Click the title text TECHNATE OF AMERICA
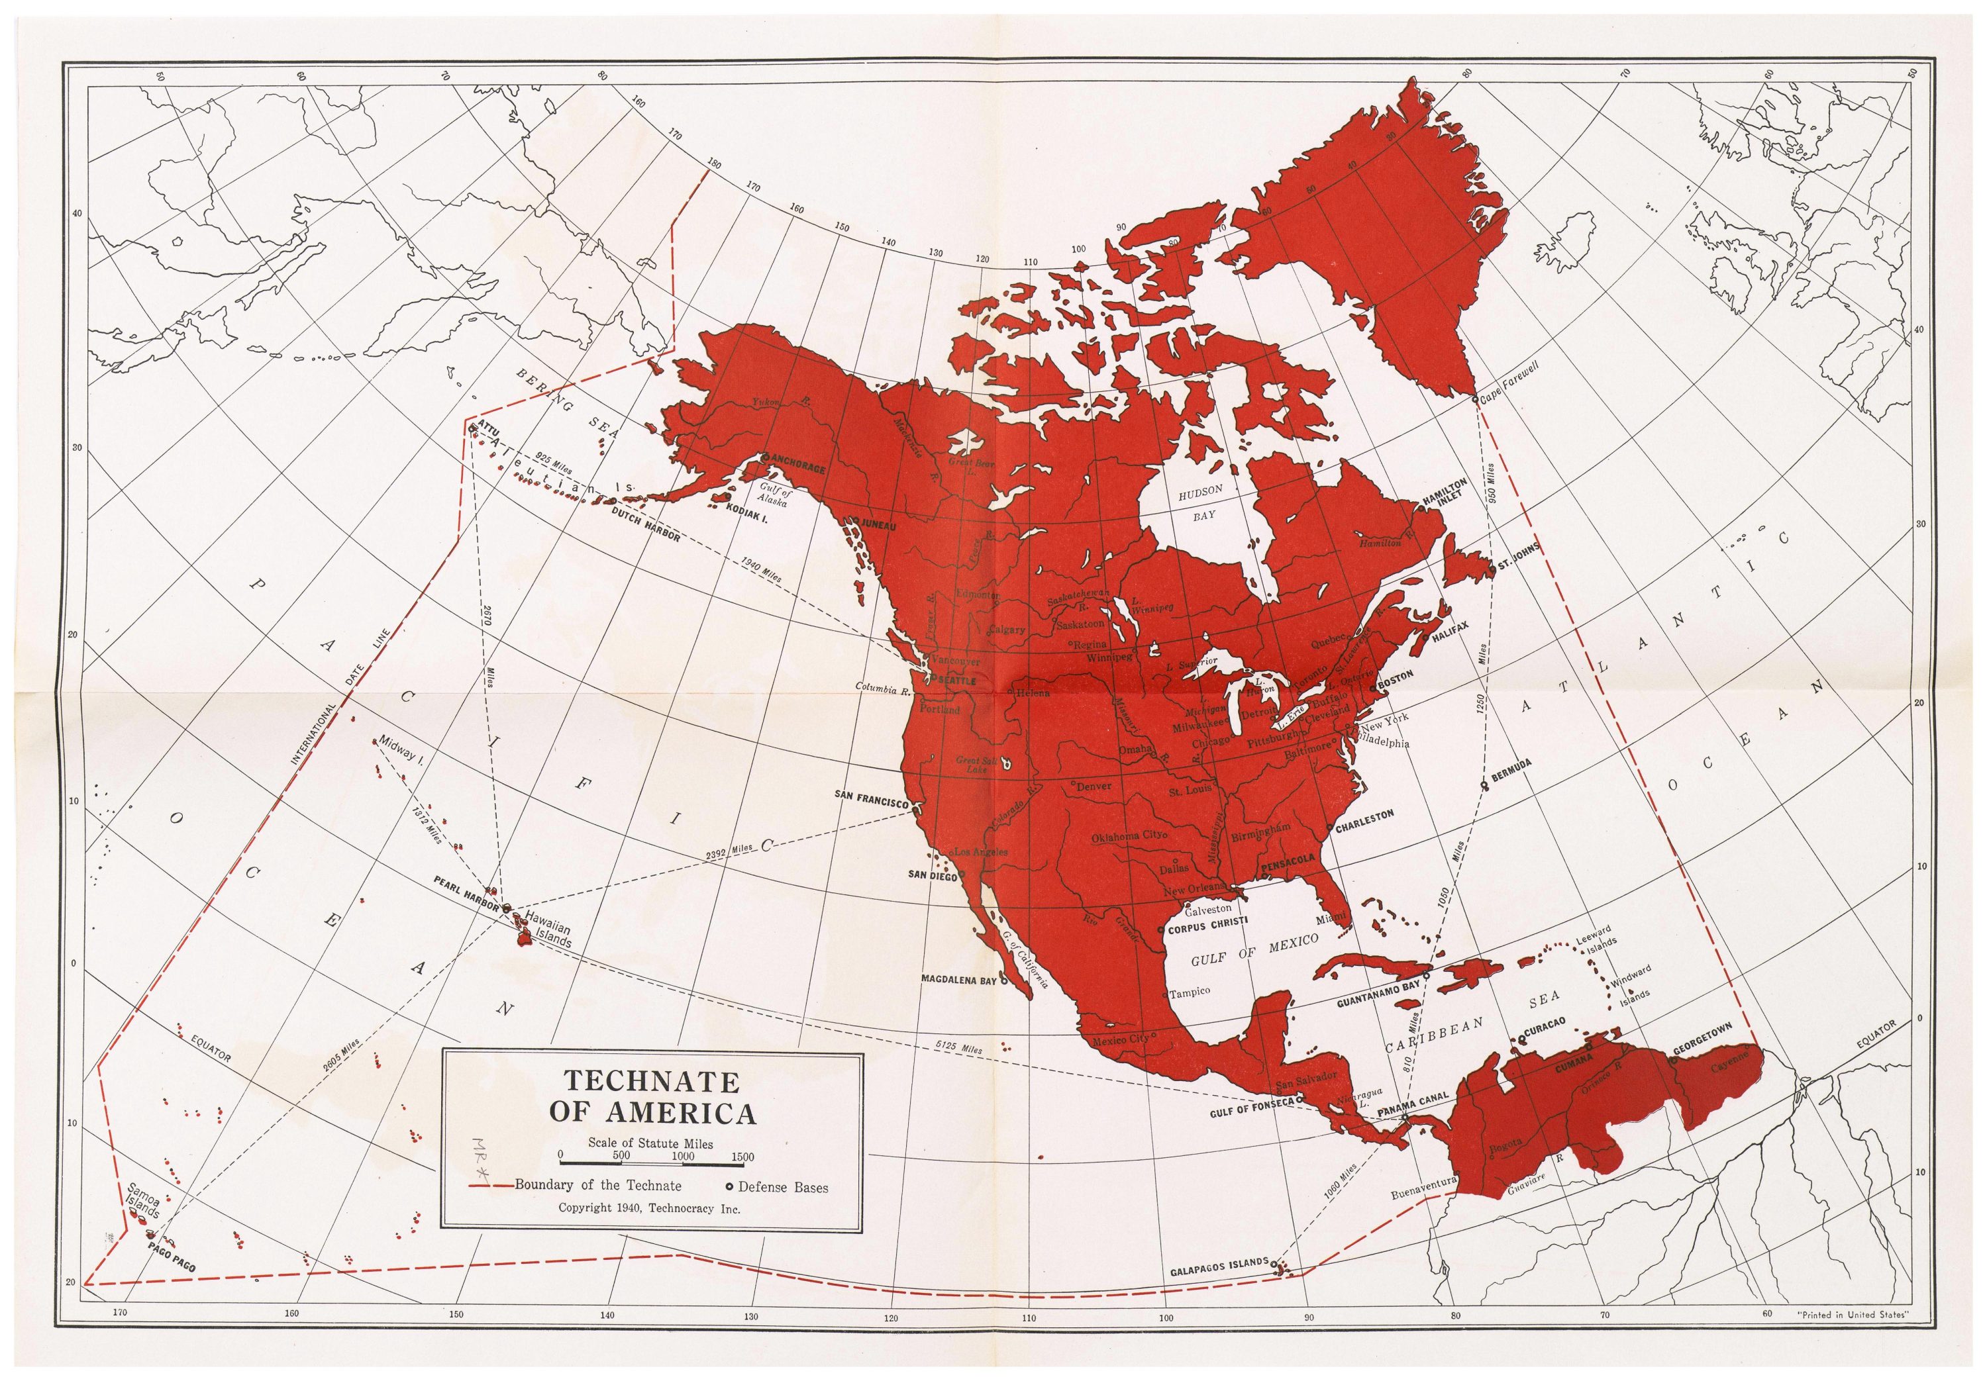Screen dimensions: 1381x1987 [652, 1096]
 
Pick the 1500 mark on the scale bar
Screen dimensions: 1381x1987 [742, 1157]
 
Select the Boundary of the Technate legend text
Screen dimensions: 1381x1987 [597, 1186]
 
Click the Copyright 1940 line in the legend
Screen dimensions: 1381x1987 [649, 1209]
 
